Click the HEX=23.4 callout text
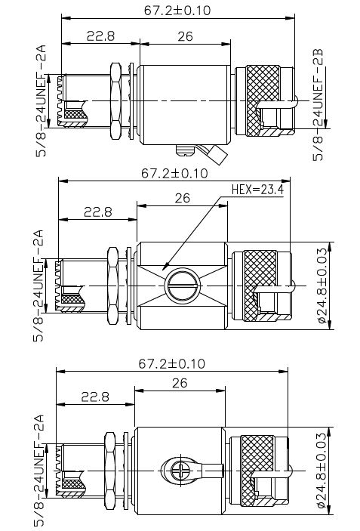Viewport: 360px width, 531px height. [257, 190]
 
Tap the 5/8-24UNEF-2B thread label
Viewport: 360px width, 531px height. [318, 105]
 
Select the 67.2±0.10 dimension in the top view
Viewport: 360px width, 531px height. [177, 11]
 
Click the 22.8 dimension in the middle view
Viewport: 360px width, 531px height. [98, 212]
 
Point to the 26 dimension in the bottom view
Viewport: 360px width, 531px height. [180, 383]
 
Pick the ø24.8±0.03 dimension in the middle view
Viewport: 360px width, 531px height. [324, 286]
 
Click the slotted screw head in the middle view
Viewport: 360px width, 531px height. [183, 286]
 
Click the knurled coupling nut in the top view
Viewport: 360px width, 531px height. [263, 100]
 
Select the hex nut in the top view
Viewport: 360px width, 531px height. [115, 101]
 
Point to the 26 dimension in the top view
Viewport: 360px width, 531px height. [185, 36]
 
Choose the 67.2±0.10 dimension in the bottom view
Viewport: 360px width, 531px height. [172, 364]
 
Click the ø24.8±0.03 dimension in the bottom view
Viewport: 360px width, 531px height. [324, 471]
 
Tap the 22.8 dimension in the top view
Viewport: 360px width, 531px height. [101, 36]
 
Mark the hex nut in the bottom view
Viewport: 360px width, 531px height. [110, 471]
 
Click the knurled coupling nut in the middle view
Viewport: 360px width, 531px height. [260, 286]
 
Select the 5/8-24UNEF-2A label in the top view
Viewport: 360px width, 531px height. [42, 101]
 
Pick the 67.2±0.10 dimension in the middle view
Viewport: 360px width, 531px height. [174, 174]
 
